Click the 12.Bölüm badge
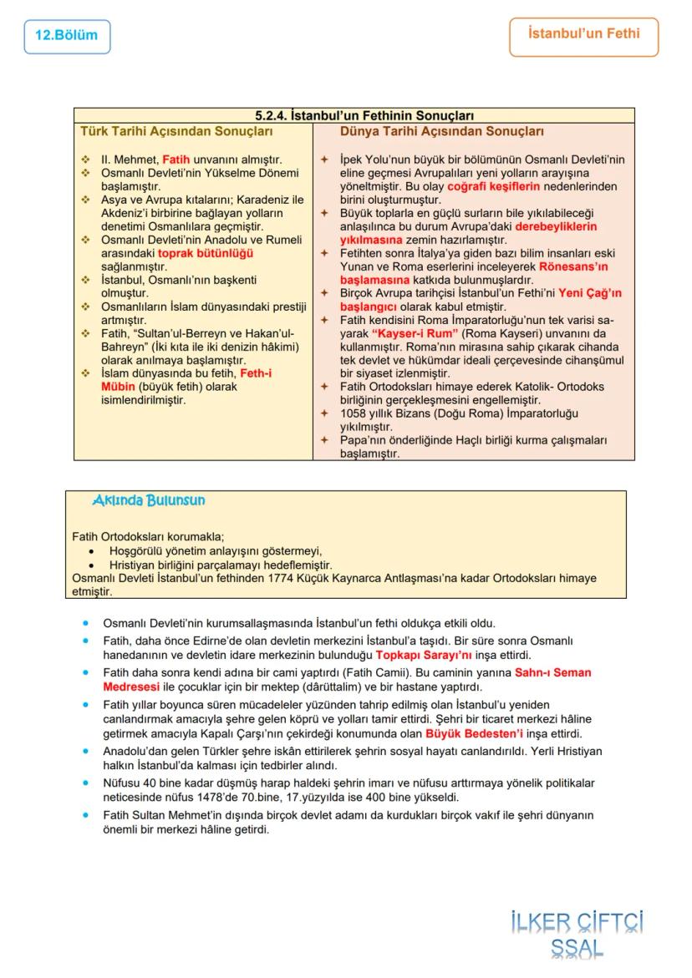click(x=67, y=36)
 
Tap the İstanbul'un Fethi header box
click(x=583, y=35)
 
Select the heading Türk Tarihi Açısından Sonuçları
click(x=176, y=132)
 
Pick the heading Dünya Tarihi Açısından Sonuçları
click(x=442, y=132)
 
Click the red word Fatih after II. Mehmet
click(x=176, y=159)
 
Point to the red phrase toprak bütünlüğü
click(x=206, y=252)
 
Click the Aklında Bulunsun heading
click(x=149, y=500)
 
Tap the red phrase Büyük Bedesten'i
click(x=474, y=734)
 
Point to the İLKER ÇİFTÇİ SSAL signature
click(x=578, y=934)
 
